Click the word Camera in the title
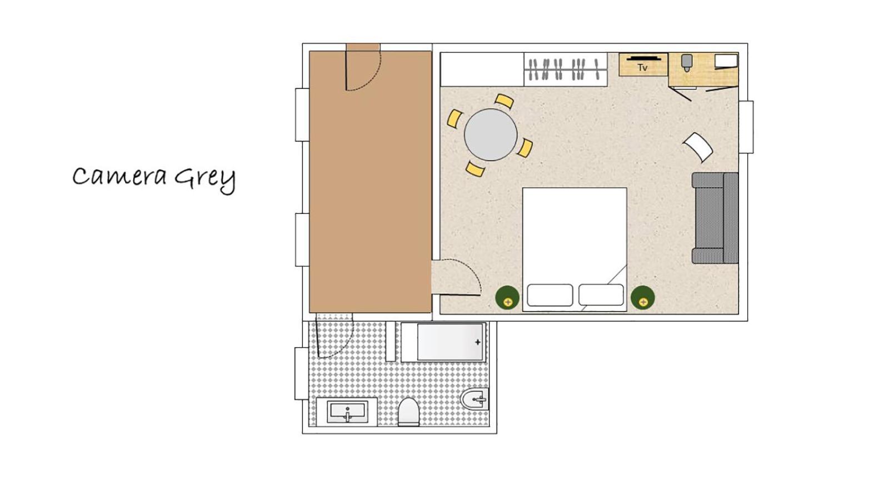(x=119, y=177)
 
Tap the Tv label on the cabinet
(x=642, y=68)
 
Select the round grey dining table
(x=491, y=134)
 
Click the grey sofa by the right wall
(x=715, y=218)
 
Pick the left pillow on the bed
(x=550, y=295)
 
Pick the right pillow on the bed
(x=601, y=295)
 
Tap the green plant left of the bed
(x=507, y=298)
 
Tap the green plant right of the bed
(x=642, y=298)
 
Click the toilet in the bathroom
(x=408, y=412)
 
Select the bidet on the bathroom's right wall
(x=475, y=399)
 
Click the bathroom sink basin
(x=347, y=412)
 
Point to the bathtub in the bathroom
(x=443, y=342)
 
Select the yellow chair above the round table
(x=505, y=101)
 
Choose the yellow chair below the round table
(x=475, y=169)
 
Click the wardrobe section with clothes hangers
(x=566, y=69)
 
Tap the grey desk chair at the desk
(x=687, y=63)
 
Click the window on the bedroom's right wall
(x=746, y=127)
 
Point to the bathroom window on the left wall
(x=302, y=373)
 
